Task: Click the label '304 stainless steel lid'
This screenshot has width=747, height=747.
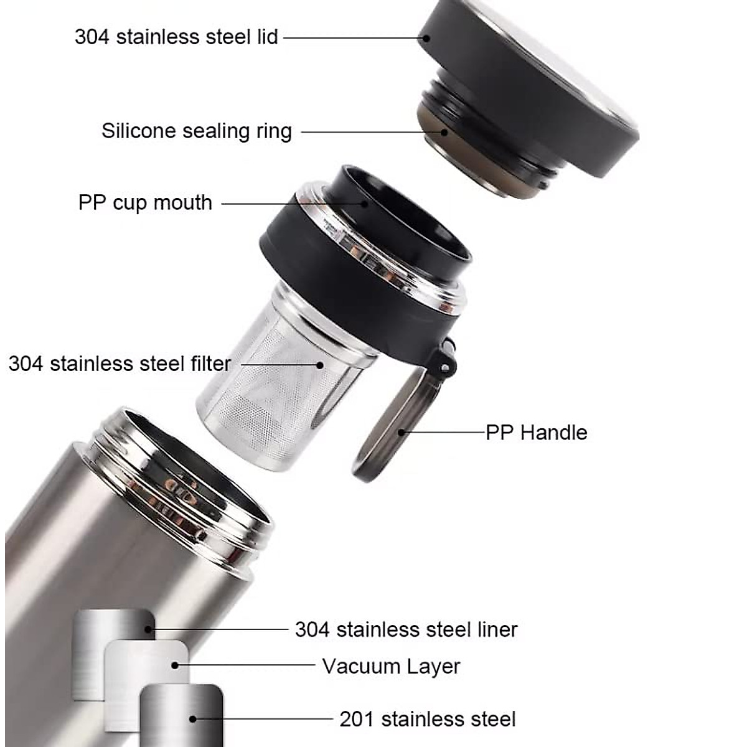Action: [x=176, y=37]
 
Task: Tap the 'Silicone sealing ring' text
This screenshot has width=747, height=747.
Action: [x=197, y=131]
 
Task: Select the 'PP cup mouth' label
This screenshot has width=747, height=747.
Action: [x=145, y=203]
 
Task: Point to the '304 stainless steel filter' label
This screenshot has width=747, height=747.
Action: [x=120, y=364]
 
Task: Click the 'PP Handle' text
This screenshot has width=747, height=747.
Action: [x=536, y=433]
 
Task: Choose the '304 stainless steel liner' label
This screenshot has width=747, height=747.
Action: [x=406, y=629]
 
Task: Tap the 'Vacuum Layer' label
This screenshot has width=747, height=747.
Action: [x=391, y=666]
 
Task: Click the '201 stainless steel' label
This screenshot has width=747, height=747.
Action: [x=428, y=719]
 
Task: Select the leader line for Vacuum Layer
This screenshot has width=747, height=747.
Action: [x=246, y=665]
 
